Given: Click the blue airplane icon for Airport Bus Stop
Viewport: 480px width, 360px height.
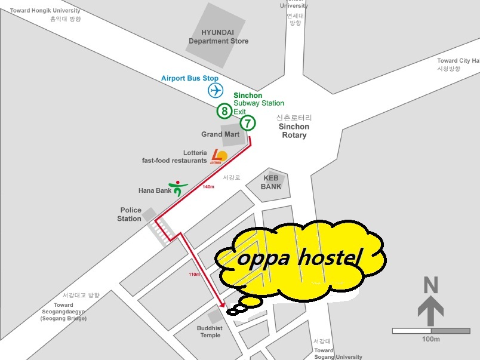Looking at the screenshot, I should tap(216, 91).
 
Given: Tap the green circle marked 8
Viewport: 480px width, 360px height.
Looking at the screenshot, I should tap(224, 110).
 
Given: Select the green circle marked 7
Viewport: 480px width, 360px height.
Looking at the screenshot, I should tap(248, 123).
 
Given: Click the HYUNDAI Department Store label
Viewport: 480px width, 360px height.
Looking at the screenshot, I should tap(219, 36).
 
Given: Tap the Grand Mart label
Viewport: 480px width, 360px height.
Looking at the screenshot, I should tap(220, 134).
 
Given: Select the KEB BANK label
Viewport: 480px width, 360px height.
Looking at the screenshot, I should tap(270, 182).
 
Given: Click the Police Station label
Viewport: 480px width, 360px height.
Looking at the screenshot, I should tap(130, 214).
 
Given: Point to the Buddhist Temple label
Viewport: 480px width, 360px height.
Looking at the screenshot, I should tap(210, 331).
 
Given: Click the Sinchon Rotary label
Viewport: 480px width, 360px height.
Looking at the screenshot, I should tap(294, 131).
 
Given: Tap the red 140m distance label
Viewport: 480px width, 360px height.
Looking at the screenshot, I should tap(208, 187).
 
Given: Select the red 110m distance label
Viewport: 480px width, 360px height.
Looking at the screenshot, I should tap(194, 274).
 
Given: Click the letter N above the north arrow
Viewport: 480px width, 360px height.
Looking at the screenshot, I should tap(430, 286).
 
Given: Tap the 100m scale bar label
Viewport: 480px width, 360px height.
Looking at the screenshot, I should tap(430, 339).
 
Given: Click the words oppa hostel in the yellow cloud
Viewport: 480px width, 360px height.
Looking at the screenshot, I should tap(300, 259).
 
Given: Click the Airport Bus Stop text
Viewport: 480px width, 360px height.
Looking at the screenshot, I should tap(190, 78).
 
